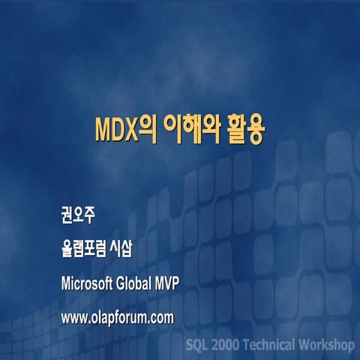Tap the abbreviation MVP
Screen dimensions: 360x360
point(167,283)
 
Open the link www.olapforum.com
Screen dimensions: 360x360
point(118,317)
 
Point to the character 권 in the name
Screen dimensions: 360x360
point(68,217)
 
